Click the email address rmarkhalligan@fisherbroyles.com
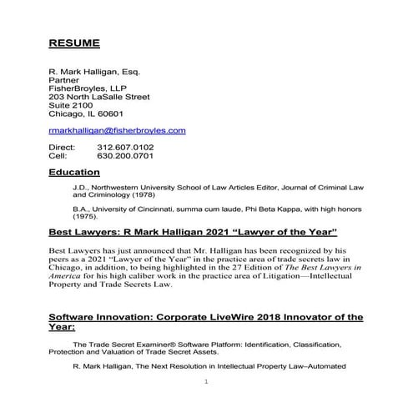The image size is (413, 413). click(x=117, y=131)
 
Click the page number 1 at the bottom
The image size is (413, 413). click(x=206, y=381)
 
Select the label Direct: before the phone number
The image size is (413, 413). click(x=63, y=148)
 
